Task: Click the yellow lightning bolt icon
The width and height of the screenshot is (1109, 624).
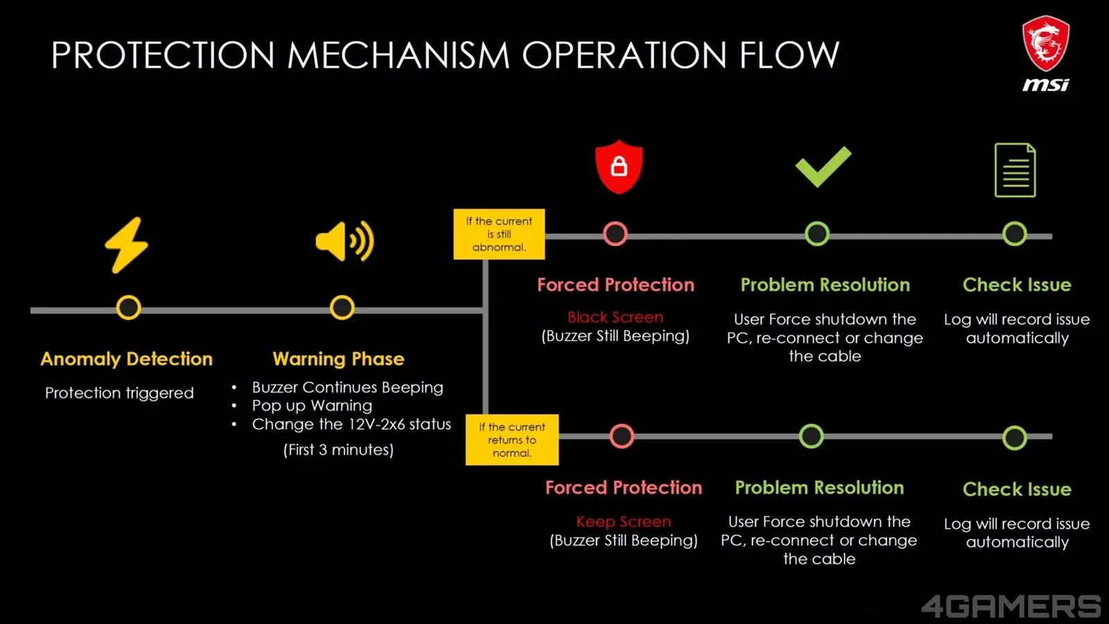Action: pyautogui.click(x=127, y=245)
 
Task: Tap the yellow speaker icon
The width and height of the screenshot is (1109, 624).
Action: pyautogui.click(x=344, y=241)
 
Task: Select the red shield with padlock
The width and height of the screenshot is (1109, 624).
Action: pyautogui.click(x=619, y=166)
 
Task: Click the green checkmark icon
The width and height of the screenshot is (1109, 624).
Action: pyautogui.click(x=823, y=166)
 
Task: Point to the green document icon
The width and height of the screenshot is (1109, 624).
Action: pyautogui.click(x=1015, y=170)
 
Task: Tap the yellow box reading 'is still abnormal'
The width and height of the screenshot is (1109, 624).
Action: pyautogui.click(x=499, y=234)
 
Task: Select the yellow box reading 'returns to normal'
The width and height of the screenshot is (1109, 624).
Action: pyautogui.click(x=512, y=440)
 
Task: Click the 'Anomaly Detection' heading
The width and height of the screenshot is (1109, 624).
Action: pyautogui.click(x=126, y=359)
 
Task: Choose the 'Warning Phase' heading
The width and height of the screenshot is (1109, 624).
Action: pyautogui.click(x=339, y=359)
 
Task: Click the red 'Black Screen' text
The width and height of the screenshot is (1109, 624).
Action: pyautogui.click(x=615, y=317)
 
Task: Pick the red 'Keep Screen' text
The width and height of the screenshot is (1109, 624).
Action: pyautogui.click(x=624, y=521)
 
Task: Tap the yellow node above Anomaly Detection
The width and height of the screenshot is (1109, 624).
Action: pyautogui.click(x=128, y=308)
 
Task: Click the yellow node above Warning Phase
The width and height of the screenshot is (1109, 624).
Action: pyautogui.click(x=342, y=308)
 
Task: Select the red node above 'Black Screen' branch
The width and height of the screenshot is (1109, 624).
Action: pyautogui.click(x=615, y=234)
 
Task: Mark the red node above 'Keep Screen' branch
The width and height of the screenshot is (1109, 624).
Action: pyautogui.click(x=622, y=436)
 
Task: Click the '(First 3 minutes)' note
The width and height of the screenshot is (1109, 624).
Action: pyautogui.click(x=339, y=450)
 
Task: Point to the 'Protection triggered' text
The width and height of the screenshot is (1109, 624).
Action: pyautogui.click(x=119, y=393)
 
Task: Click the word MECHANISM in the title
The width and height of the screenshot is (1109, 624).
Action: pyautogui.click(x=398, y=55)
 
